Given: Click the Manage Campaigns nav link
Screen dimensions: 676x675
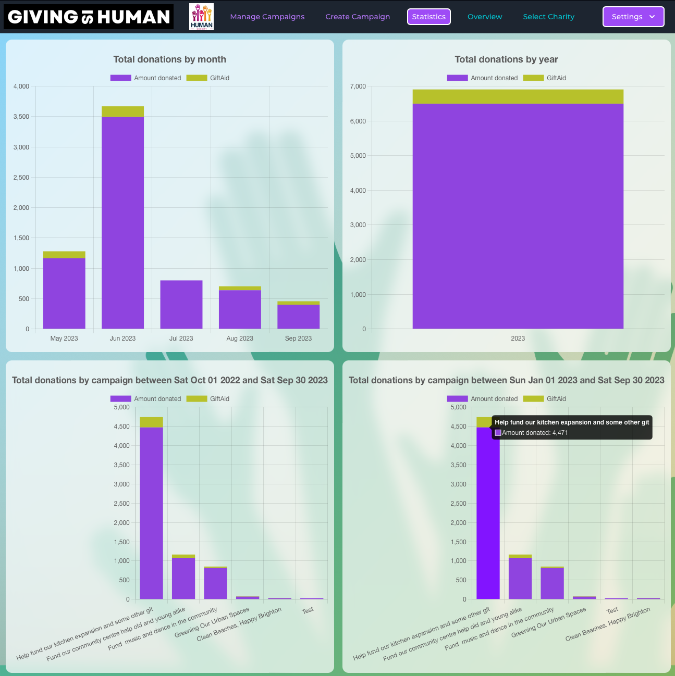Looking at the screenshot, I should [x=267, y=17].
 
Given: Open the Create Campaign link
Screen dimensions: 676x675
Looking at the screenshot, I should [x=358, y=17].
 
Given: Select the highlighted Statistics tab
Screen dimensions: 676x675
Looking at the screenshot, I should [x=428, y=17].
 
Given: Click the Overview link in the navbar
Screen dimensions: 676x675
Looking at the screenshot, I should [x=485, y=17].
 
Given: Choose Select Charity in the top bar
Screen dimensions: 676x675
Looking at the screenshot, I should [x=548, y=17].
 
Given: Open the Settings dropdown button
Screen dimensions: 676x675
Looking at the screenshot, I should [x=633, y=17].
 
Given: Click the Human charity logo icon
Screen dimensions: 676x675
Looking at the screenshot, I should [x=201, y=17].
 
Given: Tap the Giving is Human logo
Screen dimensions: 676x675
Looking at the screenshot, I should [x=89, y=17].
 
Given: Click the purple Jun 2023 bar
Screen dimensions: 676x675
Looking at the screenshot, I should [x=122, y=224].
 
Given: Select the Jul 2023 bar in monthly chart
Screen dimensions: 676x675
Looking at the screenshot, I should [x=181, y=305].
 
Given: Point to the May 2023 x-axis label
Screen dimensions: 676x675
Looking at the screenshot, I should [x=64, y=339].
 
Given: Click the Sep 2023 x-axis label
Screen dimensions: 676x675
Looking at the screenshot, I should [x=298, y=339].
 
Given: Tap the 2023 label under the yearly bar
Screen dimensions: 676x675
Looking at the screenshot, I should [x=518, y=339].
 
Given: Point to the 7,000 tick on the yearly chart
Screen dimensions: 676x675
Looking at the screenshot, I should [x=358, y=86].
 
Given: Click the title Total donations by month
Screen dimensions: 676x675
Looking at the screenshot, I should [x=169, y=59].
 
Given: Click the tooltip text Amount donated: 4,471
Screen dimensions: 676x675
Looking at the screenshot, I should [x=535, y=433].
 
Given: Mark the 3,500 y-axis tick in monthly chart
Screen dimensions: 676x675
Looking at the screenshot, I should [x=21, y=117].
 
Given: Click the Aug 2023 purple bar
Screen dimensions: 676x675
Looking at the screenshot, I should [x=240, y=309].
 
